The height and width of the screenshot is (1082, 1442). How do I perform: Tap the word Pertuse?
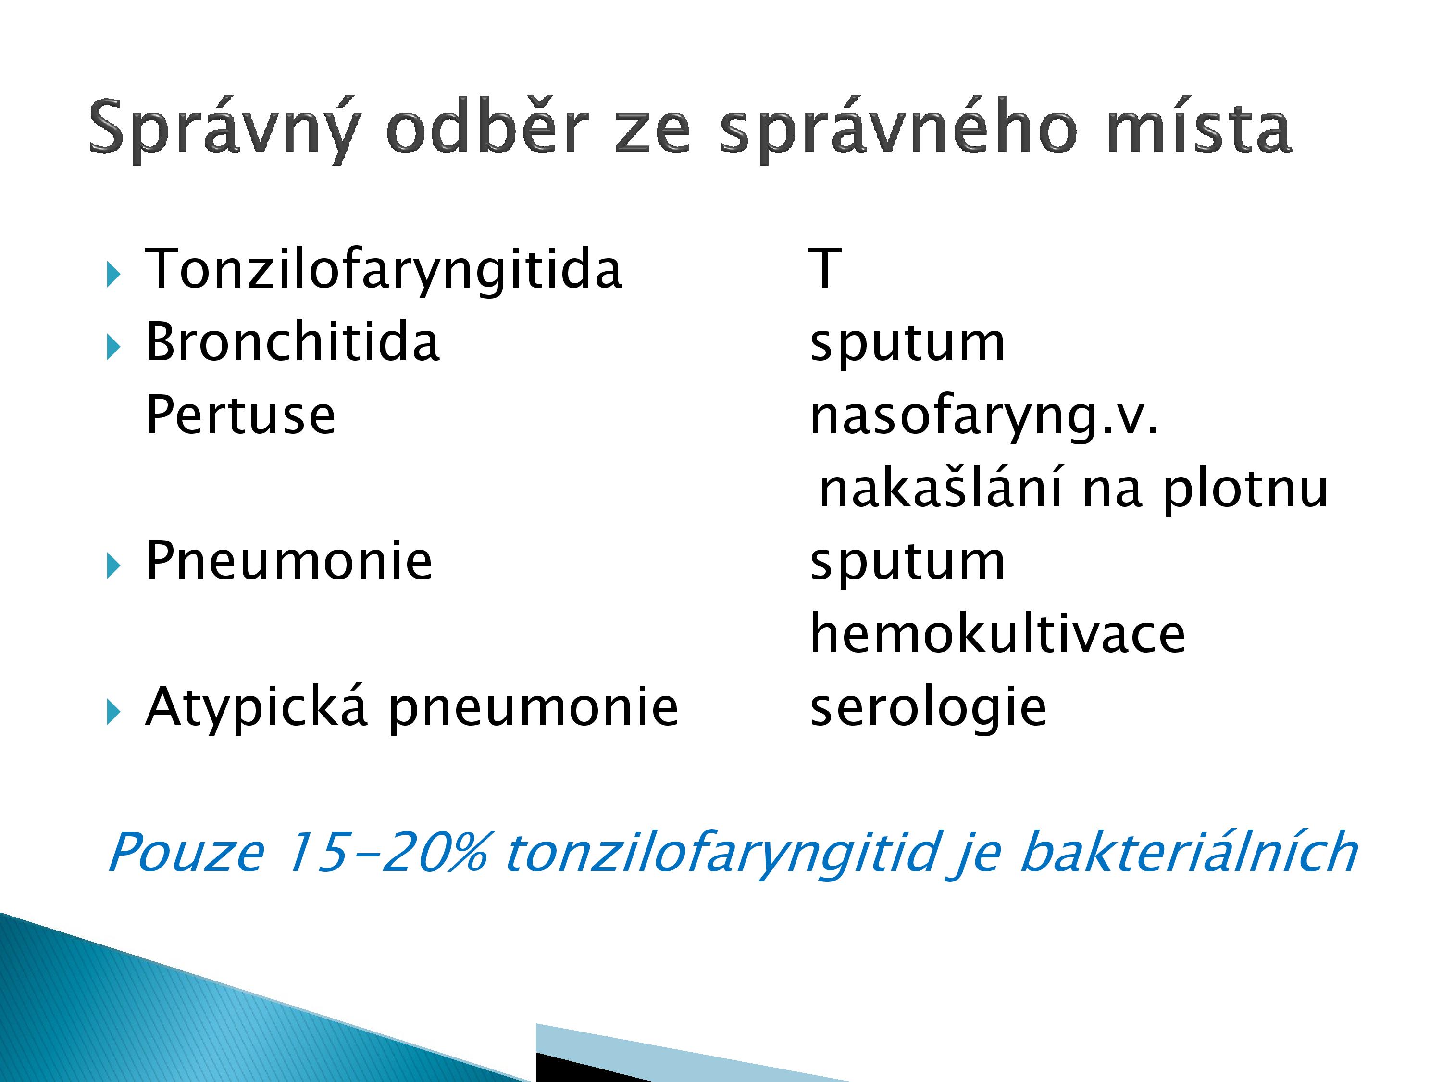(x=240, y=415)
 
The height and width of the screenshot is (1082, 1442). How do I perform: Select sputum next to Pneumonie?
(x=907, y=564)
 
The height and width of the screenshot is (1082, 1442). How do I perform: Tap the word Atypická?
(x=256, y=708)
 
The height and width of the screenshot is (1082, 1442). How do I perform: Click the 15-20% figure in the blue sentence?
(x=386, y=852)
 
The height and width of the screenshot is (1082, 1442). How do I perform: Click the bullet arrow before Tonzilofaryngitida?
(x=113, y=275)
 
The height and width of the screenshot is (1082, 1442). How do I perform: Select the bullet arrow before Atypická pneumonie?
(x=113, y=712)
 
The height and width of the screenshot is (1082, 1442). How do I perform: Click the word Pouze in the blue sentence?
(x=186, y=852)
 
